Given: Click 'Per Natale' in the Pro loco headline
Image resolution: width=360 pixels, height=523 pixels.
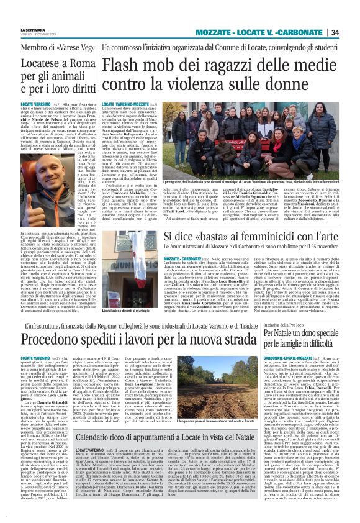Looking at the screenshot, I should point(282,334).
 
